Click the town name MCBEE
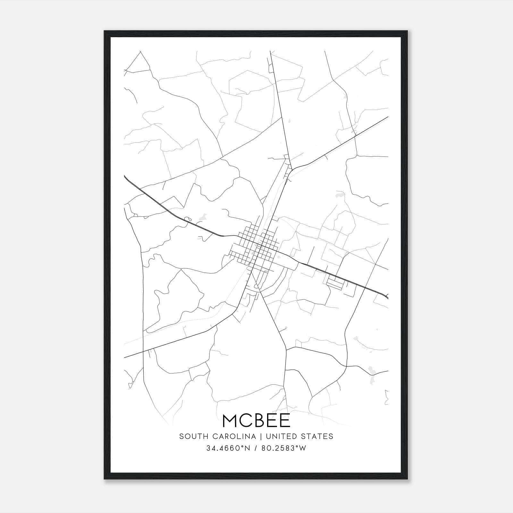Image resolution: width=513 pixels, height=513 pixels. click(x=256, y=420)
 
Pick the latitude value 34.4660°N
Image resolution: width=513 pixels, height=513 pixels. click(x=228, y=448)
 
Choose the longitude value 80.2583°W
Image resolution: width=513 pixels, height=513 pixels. click(x=284, y=448)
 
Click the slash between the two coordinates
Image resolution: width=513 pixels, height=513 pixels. click(x=256, y=448)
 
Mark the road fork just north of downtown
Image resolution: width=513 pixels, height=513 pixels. click(x=291, y=168)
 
